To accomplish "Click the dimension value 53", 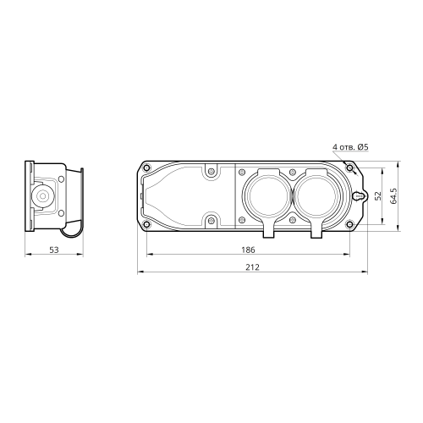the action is point(54,250).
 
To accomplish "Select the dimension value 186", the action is point(248,250).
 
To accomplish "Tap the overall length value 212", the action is point(252,267).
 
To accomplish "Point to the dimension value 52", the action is point(378,195).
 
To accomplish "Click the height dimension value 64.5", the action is point(393,195).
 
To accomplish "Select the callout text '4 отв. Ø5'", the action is point(350,147).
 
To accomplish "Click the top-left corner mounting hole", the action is point(146,168).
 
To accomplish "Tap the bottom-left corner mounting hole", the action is point(146,224).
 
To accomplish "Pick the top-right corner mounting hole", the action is point(349,168).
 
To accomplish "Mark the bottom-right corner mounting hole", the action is point(349,224).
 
